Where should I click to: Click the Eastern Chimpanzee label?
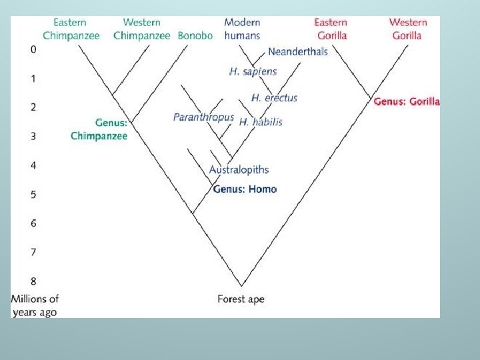(70, 29)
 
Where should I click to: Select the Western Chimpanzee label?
(141, 29)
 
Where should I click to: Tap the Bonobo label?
(195, 35)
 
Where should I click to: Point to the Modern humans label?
(242, 29)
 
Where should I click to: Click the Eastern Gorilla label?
(331, 29)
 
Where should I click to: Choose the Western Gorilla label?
(407, 29)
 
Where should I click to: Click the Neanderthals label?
(298, 51)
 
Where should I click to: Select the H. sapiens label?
(253, 71)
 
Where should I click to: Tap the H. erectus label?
(274, 98)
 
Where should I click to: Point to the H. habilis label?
(261, 122)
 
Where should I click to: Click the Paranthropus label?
(203, 117)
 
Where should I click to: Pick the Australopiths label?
(239, 170)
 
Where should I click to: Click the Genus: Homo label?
(245, 189)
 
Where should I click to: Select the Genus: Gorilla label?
(407, 102)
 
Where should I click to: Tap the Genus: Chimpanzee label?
(99, 129)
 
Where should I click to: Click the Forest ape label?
(241, 299)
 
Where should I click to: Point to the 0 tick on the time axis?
(33, 49)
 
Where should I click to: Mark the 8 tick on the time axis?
(33, 281)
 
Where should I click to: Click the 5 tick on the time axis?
(33, 195)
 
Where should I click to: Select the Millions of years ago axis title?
(35, 305)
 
